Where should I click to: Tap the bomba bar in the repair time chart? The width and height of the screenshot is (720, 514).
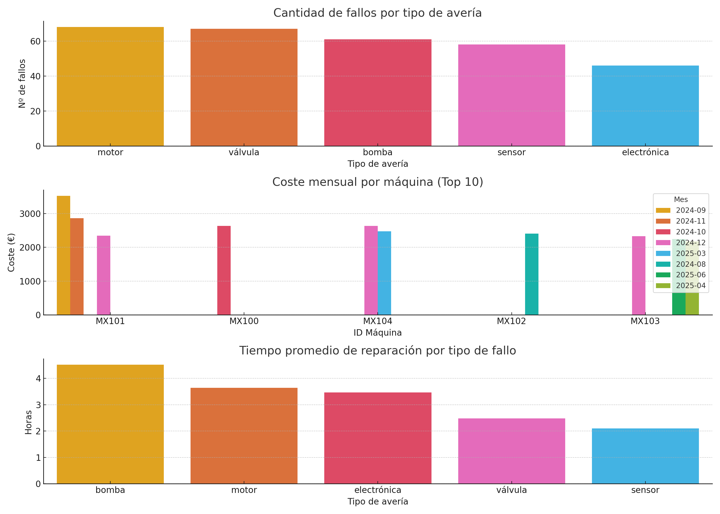coord(110,424)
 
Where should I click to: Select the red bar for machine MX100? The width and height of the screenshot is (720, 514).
coord(224,270)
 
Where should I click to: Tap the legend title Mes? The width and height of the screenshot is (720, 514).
coord(681,200)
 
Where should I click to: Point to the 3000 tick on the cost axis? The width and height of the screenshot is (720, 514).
coord(30,214)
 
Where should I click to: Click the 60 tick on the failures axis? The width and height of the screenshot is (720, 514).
coord(35,41)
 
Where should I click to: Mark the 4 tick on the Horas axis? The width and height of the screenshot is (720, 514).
coord(38,379)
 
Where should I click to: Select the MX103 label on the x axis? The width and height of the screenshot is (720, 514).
coord(645,321)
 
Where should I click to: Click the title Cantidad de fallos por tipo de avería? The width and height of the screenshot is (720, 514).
coord(377,13)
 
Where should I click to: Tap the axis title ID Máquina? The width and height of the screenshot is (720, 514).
coord(377,333)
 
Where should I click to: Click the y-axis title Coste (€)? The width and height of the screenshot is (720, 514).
coord(11,253)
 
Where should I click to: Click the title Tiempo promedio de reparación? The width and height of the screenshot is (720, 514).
coord(377,351)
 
